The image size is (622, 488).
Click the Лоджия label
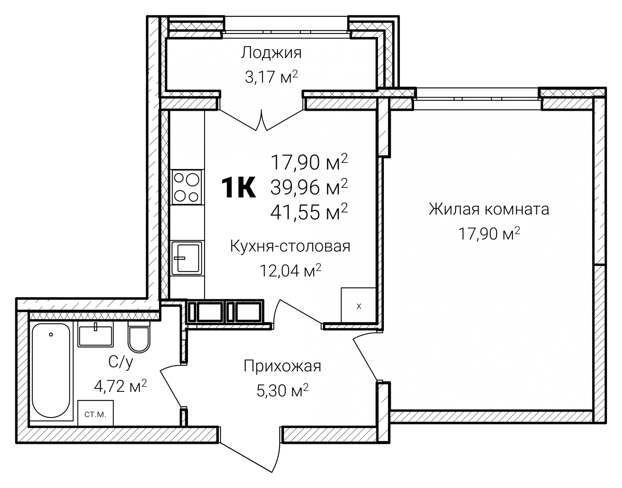tap(271, 53)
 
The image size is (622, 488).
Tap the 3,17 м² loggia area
tap(271, 78)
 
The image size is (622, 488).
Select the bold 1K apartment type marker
tap(238, 188)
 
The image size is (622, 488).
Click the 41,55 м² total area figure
tap(309, 212)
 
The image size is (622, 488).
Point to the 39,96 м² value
tap(309, 187)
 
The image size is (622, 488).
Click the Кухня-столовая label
tap(290, 246)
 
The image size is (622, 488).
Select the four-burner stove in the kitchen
tap(187, 187)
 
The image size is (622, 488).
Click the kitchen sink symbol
tap(187, 258)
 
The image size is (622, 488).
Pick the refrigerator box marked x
tap(358, 305)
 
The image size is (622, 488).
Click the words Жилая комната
tap(489, 209)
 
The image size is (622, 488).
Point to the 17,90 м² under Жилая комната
tap(489, 234)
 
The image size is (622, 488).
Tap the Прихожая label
tap(282, 367)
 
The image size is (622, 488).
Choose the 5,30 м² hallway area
tap(282, 391)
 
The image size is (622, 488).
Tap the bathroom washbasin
tap(95, 336)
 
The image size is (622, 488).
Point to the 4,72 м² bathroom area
tap(120, 386)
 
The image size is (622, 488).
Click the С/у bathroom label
tap(121, 363)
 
